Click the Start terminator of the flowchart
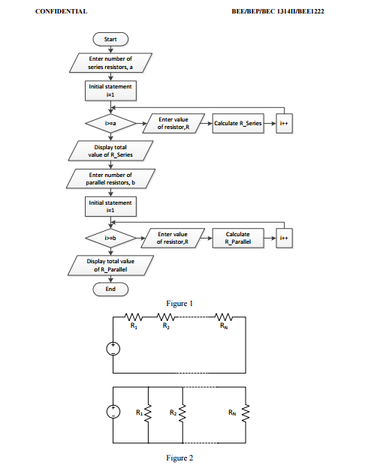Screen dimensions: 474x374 [110, 38]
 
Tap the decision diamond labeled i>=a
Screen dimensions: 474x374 [110, 124]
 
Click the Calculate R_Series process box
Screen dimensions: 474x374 [238, 124]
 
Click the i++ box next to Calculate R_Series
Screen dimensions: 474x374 [283, 124]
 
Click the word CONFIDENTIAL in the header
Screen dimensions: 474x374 [62, 12]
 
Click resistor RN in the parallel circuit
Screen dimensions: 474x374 [246, 413]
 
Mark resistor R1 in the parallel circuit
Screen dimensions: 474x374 [148, 413]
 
